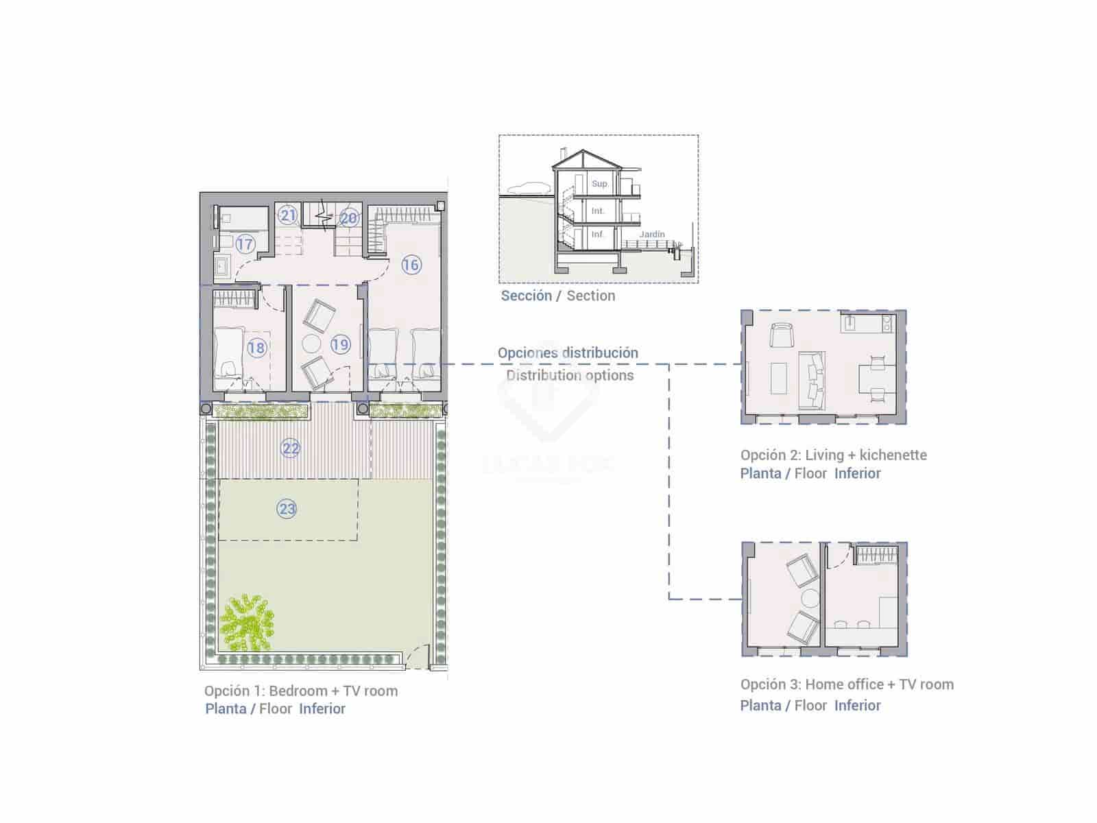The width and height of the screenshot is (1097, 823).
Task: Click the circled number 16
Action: (x=411, y=265)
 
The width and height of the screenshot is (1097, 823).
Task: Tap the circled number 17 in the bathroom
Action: (x=245, y=243)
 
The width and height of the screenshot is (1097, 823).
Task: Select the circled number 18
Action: (x=256, y=348)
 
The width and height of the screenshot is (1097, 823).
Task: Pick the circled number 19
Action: (x=340, y=344)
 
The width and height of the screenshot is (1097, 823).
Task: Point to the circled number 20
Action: (x=349, y=218)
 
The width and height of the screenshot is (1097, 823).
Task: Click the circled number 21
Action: (x=288, y=215)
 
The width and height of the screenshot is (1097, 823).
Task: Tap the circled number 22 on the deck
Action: (x=291, y=449)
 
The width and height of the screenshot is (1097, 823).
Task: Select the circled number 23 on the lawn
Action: (x=287, y=509)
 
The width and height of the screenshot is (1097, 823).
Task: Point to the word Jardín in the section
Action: (x=652, y=235)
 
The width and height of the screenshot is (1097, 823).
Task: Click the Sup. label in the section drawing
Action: (x=600, y=184)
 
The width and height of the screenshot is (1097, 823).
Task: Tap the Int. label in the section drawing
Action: (x=598, y=211)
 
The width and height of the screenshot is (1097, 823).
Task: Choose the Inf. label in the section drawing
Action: (x=598, y=235)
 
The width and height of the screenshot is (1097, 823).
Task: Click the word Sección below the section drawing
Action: (x=526, y=296)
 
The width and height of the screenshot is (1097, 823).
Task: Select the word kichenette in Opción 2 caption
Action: (x=893, y=455)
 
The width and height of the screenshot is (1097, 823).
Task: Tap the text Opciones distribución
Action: (x=568, y=353)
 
